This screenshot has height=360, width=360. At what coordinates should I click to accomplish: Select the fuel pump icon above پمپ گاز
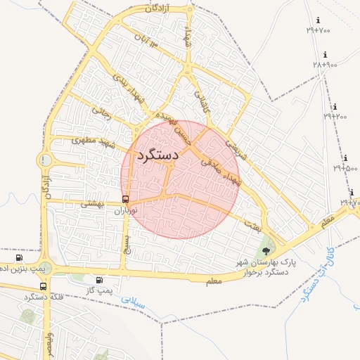point(108,281)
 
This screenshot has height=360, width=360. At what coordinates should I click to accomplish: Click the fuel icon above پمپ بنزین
point(18,258)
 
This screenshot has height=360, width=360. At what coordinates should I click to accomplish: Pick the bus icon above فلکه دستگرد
point(44,286)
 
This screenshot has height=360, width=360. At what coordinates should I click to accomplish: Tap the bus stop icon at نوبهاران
point(126,200)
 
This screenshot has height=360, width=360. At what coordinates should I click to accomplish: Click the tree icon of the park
point(265,250)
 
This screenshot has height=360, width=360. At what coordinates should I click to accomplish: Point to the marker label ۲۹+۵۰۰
point(345,168)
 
